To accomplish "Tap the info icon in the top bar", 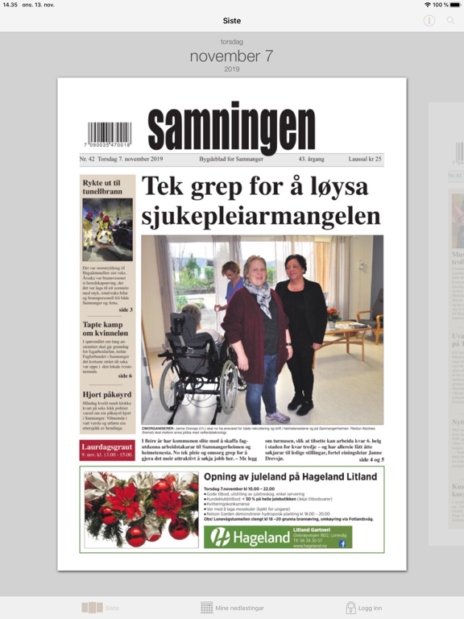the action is [x=429, y=20].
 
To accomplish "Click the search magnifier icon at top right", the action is [x=451, y=20].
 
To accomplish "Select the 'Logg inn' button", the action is [x=363, y=608].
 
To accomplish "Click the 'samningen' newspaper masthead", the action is [x=231, y=129].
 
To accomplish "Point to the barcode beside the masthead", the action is [x=110, y=134].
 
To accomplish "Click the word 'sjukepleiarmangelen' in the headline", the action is [x=261, y=216].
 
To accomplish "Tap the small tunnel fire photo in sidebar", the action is [x=108, y=228].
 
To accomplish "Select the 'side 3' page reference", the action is [x=125, y=309].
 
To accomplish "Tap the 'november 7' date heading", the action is [x=232, y=56].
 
